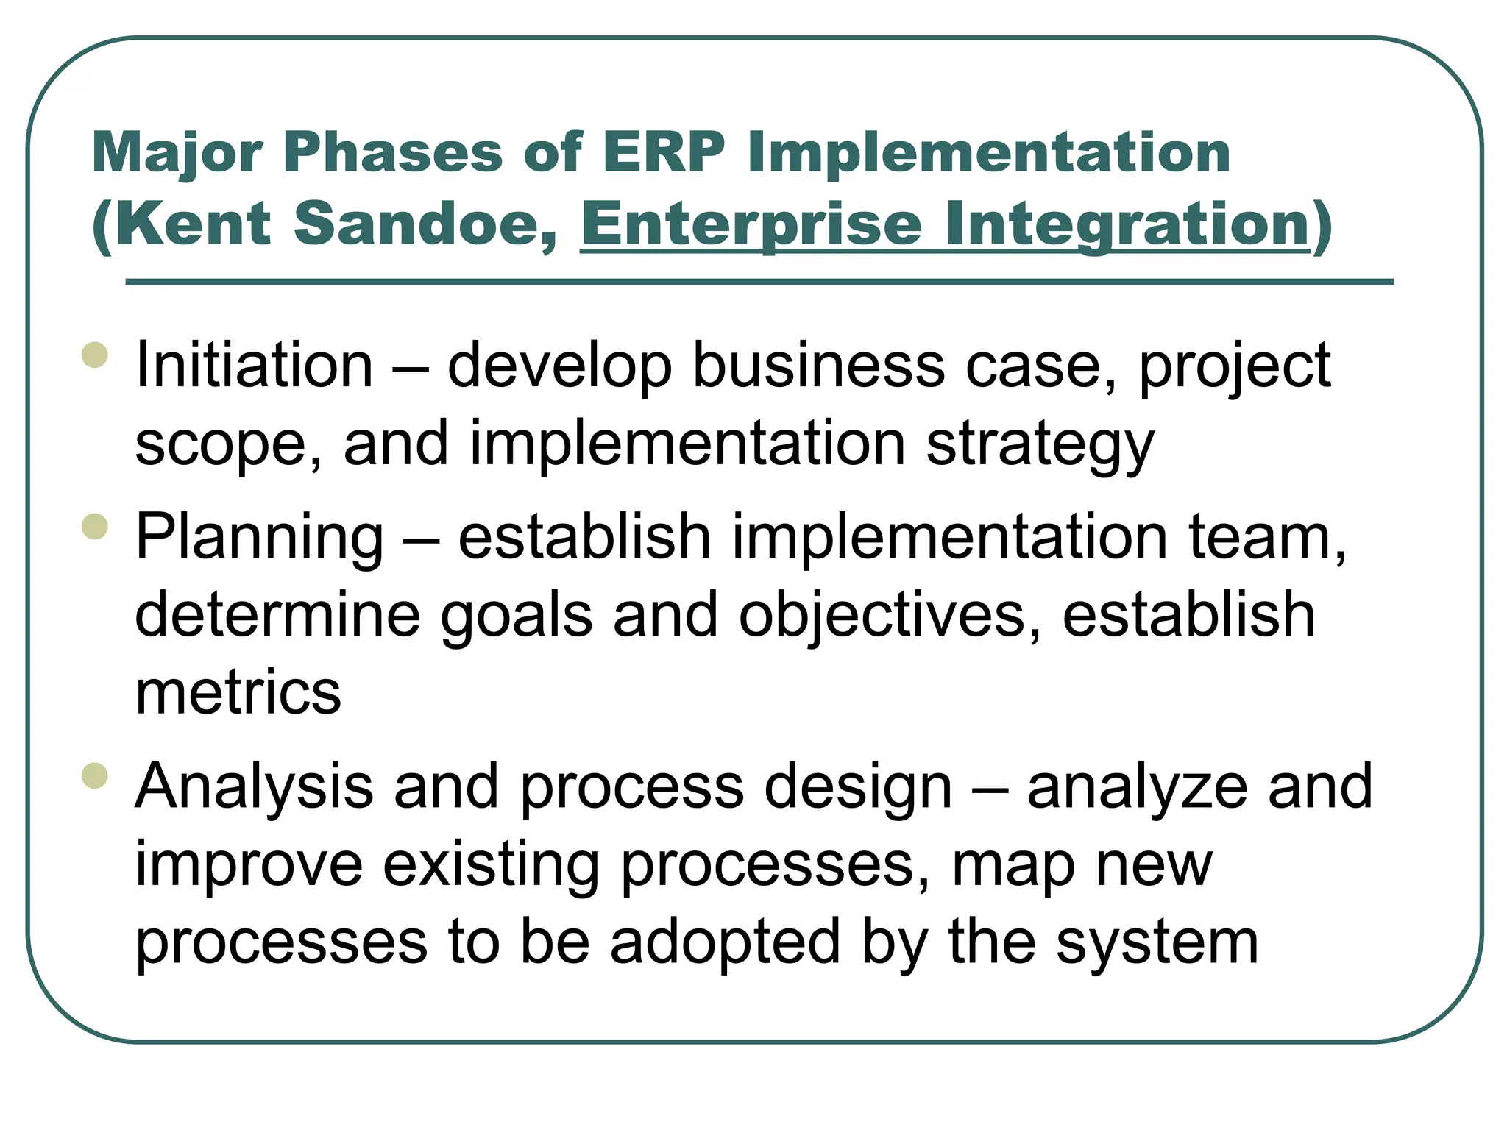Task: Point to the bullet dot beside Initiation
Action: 95,355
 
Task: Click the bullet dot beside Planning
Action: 95,526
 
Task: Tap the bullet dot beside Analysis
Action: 95,775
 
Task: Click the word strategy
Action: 1040,444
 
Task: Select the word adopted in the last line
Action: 725,943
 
